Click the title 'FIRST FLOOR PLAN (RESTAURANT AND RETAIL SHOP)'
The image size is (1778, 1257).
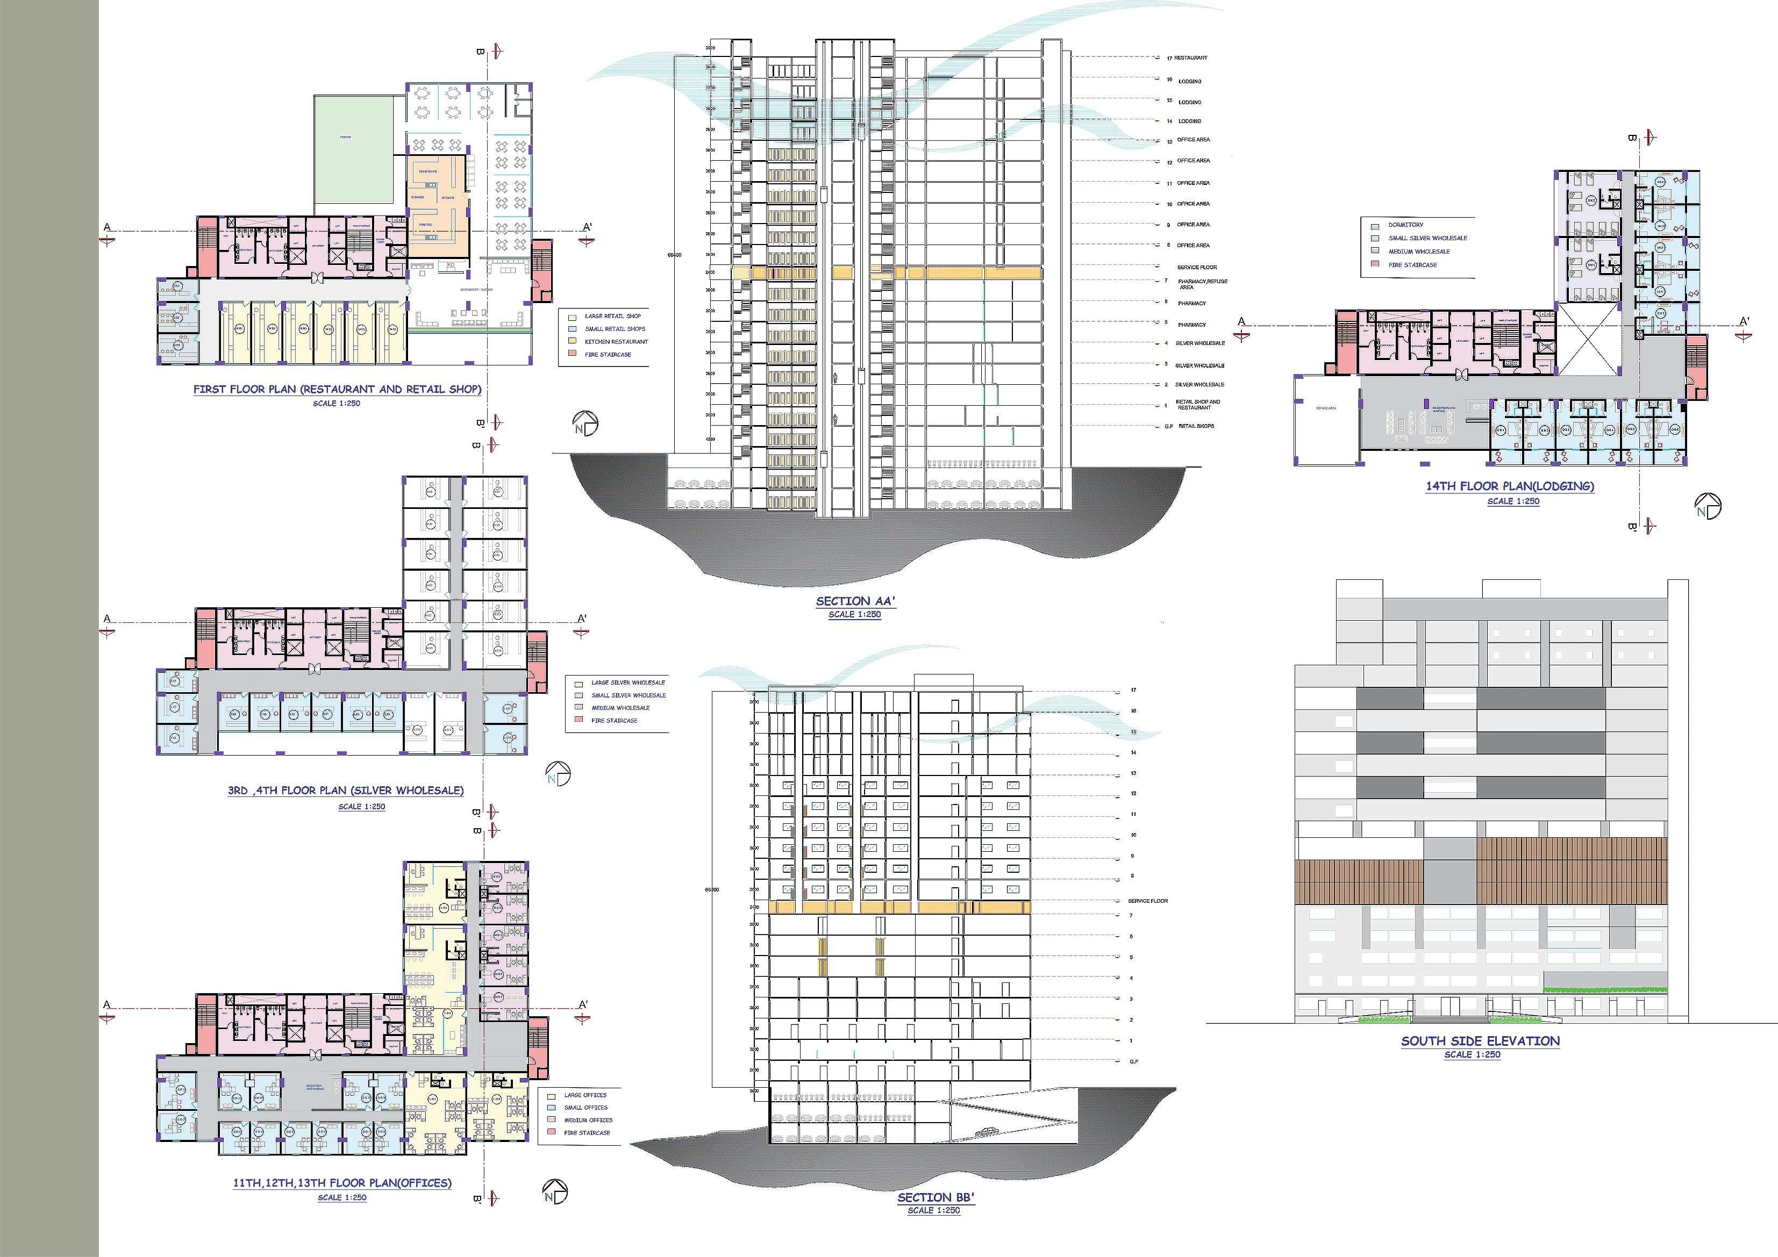tap(337, 389)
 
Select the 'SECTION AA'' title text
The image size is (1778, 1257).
tap(855, 601)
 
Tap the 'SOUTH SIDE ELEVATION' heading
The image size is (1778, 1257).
tap(1480, 1041)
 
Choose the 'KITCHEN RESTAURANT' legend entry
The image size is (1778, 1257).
tap(616, 341)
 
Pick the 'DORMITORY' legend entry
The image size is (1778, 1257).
tap(1405, 225)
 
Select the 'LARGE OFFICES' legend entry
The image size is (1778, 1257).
tap(584, 1095)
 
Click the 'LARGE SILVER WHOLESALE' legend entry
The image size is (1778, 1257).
tap(627, 683)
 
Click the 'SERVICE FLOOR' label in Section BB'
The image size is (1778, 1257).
tap(1148, 901)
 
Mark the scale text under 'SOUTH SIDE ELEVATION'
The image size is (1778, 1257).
tap(1472, 1055)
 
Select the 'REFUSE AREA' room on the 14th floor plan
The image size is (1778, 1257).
tap(1326, 408)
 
